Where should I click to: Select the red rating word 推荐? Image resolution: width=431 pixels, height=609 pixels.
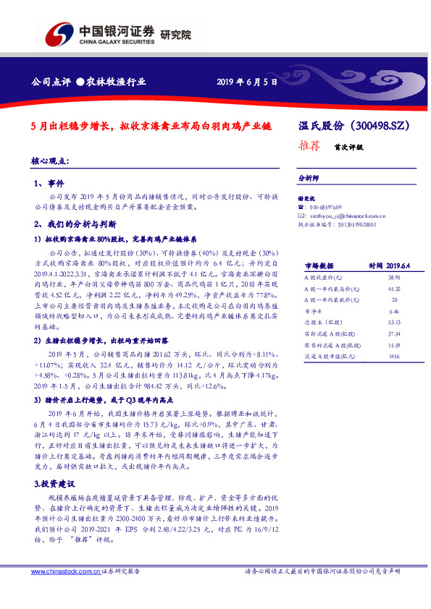point(309,145)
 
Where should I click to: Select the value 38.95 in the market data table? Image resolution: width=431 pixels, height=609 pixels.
point(394,277)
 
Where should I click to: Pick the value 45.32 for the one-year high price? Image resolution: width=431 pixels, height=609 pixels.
point(394,288)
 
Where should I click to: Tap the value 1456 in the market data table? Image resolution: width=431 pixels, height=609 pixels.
point(394,357)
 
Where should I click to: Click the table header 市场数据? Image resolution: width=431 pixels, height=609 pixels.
point(319,265)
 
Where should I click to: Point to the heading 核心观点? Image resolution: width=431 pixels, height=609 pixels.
point(50,160)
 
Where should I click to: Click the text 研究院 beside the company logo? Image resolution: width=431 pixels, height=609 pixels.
point(176,34)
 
